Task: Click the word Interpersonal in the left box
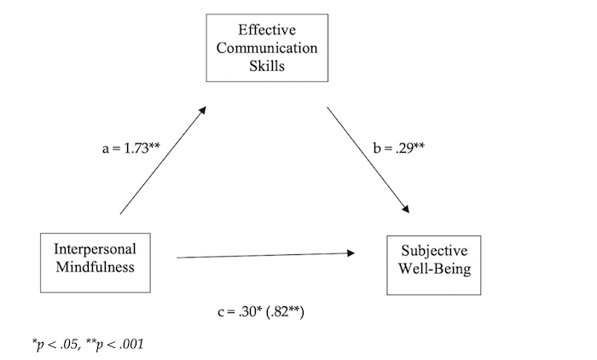point(95,250)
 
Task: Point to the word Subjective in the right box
point(432,253)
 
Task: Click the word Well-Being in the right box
point(432,269)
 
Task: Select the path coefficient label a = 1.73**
point(131,148)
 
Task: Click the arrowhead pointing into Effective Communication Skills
point(202,108)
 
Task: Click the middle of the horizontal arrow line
point(264,254)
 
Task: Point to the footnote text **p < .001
point(118,343)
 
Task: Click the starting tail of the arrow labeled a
point(122,212)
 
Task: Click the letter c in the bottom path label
point(220,313)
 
